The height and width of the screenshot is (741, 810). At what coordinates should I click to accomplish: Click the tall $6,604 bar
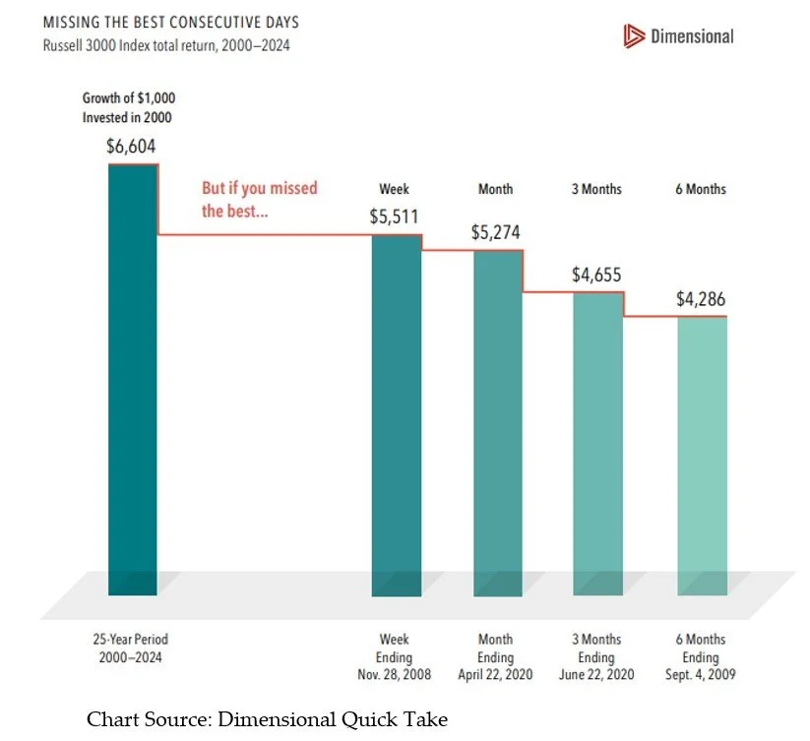(x=133, y=379)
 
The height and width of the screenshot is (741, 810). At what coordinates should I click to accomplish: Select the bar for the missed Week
(x=397, y=413)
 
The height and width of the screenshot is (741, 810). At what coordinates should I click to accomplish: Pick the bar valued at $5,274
(x=499, y=423)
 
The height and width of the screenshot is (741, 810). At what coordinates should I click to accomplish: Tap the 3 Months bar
(x=597, y=443)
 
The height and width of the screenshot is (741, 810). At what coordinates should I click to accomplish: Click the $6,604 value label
(x=131, y=147)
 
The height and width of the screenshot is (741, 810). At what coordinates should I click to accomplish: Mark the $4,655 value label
(x=596, y=276)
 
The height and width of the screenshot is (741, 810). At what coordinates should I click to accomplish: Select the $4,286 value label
(x=700, y=299)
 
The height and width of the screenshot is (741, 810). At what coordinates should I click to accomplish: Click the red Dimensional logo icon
(x=632, y=36)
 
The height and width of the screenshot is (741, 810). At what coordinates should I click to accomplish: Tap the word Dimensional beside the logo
(x=692, y=36)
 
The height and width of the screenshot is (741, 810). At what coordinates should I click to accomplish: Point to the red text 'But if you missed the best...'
(x=260, y=199)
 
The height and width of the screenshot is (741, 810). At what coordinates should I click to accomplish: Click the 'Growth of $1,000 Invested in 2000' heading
(x=130, y=108)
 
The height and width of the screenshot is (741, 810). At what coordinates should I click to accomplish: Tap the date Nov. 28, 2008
(x=396, y=675)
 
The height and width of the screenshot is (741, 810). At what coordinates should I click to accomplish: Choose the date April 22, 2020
(x=495, y=675)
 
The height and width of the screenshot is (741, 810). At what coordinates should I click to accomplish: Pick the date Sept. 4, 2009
(x=700, y=675)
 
